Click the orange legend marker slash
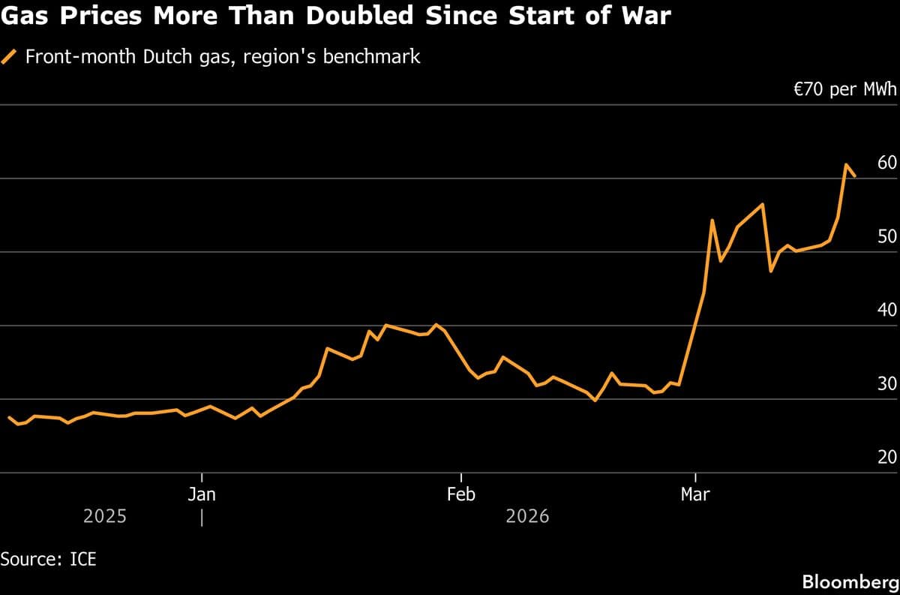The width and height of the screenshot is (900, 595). coord(10,57)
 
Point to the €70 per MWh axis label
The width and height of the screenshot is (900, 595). coord(845,91)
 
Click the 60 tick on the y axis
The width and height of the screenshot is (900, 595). coord(886,164)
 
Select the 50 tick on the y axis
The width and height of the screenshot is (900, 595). coord(886,237)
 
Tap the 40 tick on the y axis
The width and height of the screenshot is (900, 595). coord(886,311)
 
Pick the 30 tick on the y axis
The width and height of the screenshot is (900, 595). coord(886,384)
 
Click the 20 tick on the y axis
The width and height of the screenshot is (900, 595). coord(886,458)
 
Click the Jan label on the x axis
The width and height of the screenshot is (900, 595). coord(202,494)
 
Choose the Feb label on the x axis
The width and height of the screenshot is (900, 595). coord(460,494)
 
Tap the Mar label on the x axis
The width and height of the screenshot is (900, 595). coord(695,494)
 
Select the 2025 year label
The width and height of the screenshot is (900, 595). coord(104,517)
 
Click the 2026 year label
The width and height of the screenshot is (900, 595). coord(527,517)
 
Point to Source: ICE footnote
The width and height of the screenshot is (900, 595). coord(48,559)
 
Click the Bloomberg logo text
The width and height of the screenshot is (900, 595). coord(849,581)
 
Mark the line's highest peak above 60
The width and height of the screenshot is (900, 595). coord(846,164)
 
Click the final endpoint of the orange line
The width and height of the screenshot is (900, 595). coord(855,176)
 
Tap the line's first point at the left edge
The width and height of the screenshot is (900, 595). coord(9,417)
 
